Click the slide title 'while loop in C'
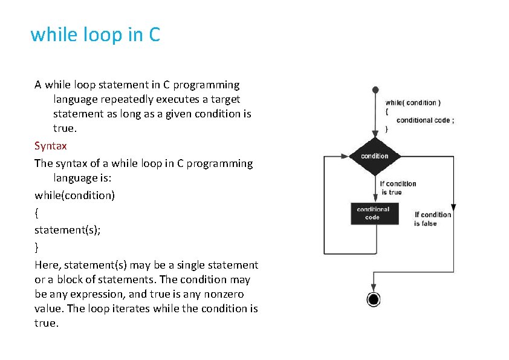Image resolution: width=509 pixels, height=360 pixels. pyautogui.click(x=95, y=34)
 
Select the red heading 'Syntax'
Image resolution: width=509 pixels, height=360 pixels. pyautogui.click(x=51, y=146)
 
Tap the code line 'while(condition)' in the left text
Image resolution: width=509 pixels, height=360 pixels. pyautogui.click(x=75, y=195)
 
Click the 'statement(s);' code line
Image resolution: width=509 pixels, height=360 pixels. pyautogui.click(x=68, y=230)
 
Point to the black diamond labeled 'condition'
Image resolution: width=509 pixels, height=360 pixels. pyautogui.click(x=375, y=155)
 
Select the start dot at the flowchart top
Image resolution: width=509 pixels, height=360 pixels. pyautogui.click(x=375, y=90)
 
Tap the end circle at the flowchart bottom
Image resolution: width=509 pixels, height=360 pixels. pyautogui.click(x=373, y=299)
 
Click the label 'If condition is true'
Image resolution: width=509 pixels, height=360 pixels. pyautogui.click(x=398, y=188)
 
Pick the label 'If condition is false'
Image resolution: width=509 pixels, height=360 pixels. pyautogui.click(x=432, y=219)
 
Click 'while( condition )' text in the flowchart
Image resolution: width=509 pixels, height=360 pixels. pyautogui.click(x=413, y=103)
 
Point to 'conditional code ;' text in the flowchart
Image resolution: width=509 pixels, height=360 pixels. pyautogui.click(x=425, y=120)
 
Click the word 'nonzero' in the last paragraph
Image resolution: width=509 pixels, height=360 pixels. pyautogui.click(x=237, y=294)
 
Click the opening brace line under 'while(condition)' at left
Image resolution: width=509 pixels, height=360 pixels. pyautogui.click(x=37, y=213)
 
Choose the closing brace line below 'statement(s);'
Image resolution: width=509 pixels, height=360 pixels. pyautogui.click(x=37, y=247)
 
